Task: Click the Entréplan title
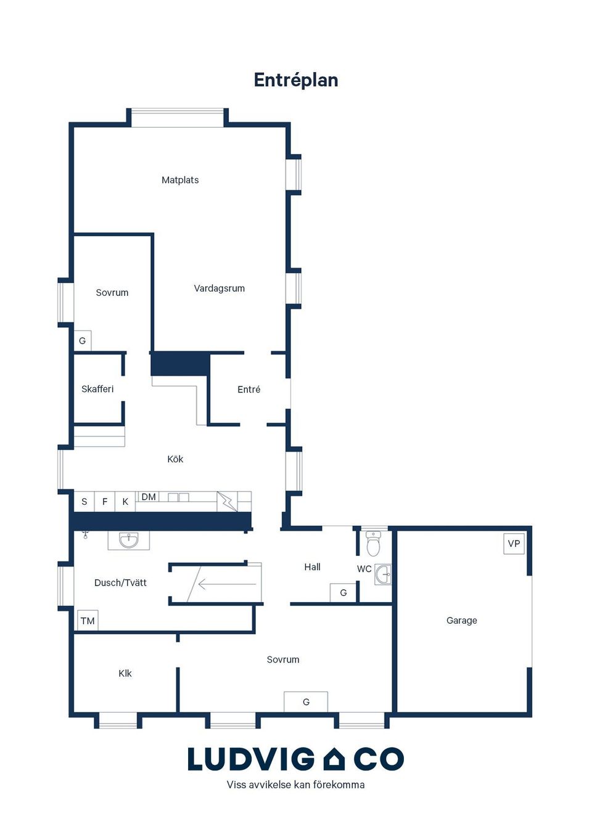[x=296, y=80]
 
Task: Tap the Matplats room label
[x=180, y=180]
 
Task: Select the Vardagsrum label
[x=220, y=288]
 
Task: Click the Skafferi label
[x=97, y=389]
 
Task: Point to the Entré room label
[x=249, y=390]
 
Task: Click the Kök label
[x=175, y=459]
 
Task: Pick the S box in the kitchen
[x=84, y=502]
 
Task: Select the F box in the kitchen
[x=105, y=502]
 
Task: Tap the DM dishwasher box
[x=149, y=497]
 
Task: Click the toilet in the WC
[x=373, y=544]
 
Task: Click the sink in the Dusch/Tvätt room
[x=129, y=540]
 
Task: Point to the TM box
[x=88, y=621]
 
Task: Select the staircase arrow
[x=227, y=584]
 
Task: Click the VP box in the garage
[x=514, y=544]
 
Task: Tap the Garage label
[x=461, y=620]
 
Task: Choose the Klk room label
[x=125, y=673]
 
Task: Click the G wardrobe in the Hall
[x=343, y=593]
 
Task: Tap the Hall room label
[x=313, y=567]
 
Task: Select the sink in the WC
[x=384, y=574]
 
